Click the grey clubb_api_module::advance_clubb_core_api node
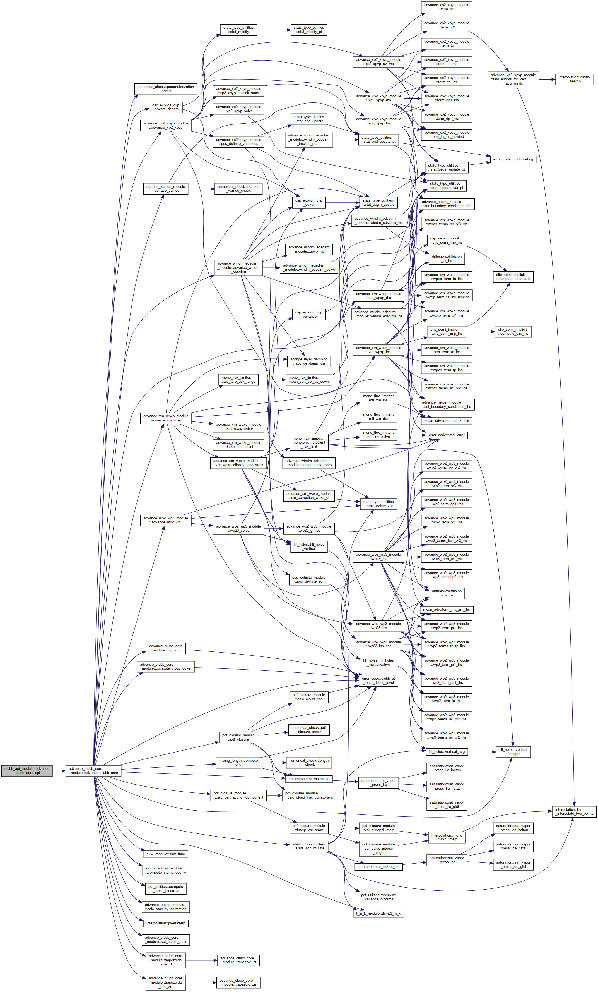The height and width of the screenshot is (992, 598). [27, 771]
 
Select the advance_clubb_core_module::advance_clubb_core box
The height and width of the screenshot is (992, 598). [93, 771]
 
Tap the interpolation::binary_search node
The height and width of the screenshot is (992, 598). [574, 79]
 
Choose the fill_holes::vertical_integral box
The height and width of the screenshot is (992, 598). [513, 752]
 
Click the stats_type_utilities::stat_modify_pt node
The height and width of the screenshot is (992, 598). [309, 30]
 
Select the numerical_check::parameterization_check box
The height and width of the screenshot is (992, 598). [165, 89]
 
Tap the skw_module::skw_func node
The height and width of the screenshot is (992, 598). [166, 854]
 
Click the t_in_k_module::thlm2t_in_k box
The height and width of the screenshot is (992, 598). [378, 914]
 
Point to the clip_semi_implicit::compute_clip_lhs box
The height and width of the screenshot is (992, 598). [513, 332]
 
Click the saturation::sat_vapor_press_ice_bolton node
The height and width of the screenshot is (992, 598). [513, 828]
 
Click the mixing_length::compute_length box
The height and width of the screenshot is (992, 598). [238, 763]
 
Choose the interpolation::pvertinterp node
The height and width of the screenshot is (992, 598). [166, 923]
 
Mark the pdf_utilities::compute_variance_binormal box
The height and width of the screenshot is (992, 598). [378, 897]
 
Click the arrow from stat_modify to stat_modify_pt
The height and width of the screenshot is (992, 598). [274, 30]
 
